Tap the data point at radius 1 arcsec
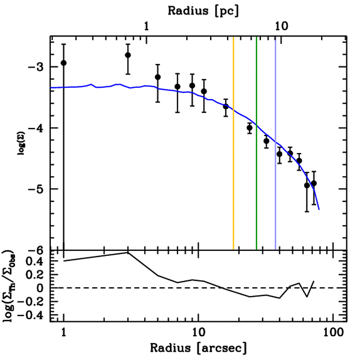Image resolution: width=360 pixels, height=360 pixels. [x=64, y=63]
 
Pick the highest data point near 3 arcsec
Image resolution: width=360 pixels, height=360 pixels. [x=128, y=55]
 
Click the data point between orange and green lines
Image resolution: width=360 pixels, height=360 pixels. [x=250, y=128]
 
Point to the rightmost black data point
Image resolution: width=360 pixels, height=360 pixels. [x=314, y=184]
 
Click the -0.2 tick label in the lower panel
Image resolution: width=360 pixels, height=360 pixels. [x=33, y=302]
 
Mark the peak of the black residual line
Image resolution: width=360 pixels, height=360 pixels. [x=128, y=252]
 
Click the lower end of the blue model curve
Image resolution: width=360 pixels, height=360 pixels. [x=319, y=209]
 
